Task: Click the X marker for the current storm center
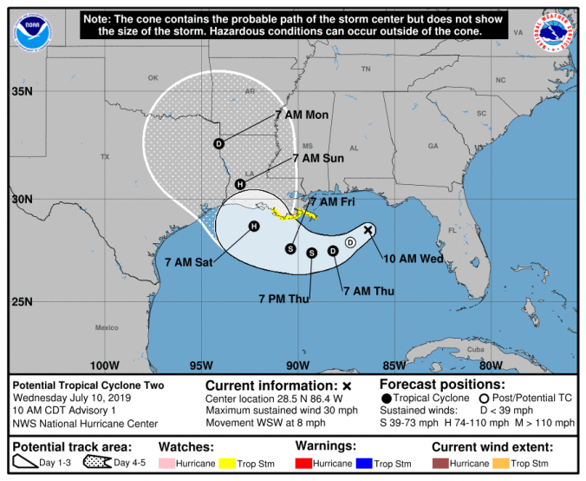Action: point(368,229)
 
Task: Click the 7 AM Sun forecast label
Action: point(318,159)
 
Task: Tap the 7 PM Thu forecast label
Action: point(283,299)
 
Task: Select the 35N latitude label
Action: point(22,91)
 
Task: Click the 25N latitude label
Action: point(22,301)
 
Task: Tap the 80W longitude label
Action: point(491,366)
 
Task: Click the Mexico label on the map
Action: point(107,327)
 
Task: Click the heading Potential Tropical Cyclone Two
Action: point(88,385)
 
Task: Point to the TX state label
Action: point(105,157)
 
